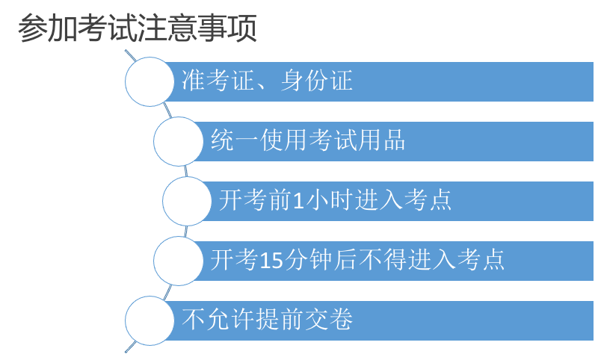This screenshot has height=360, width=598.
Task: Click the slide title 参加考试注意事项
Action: pyautogui.click(x=138, y=28)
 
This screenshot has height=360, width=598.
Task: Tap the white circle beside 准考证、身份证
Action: pyautogui.click(x=149, y=81)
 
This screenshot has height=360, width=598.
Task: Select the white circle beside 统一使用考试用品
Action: pyautogui.click(x=178, y=140)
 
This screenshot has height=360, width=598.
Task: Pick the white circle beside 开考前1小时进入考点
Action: pyautogui.click(x=187, y=201)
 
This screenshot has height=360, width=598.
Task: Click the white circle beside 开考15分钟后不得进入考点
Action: pyautogui.click(x=178, y=261)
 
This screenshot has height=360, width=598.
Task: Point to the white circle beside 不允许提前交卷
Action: pyautogui.click(x=149, y=320)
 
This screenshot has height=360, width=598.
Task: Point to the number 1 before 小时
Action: pyautogui.click(x=298, y=201)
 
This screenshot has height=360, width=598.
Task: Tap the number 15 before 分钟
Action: pyautogui.click(x=269, y=261)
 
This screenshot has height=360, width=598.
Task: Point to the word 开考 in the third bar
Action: pyautogui.click(x=243, y=201)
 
